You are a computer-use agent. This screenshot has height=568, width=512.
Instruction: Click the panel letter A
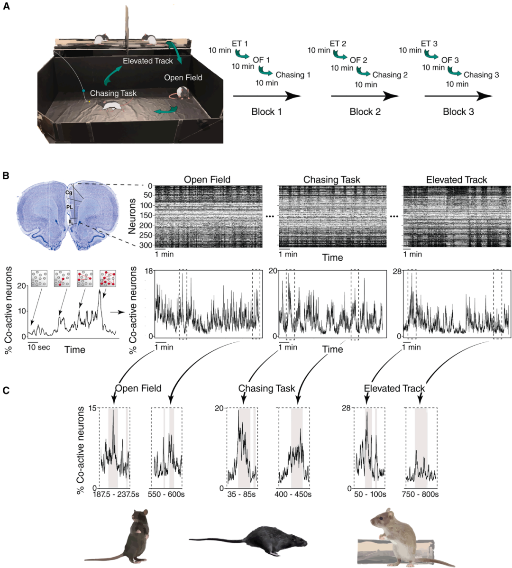click(x=6, y=9)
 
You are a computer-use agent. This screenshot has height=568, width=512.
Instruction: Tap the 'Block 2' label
click(x=365, y=112)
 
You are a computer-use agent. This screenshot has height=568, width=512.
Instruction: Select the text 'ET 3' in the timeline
click(x=426, y=44)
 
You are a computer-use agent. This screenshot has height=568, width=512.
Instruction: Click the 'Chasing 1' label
click(x=293, y=75)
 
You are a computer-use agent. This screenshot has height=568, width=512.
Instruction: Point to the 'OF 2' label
click(x=358, y=60)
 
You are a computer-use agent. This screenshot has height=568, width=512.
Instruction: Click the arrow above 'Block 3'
click(x=458, y=96)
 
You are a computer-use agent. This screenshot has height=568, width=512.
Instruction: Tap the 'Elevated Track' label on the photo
click(x=147, y=61)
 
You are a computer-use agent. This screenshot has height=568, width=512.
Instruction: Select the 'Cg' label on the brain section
click(x=69, y=192)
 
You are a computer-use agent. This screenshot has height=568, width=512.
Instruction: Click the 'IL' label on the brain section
click(x=71, y=221)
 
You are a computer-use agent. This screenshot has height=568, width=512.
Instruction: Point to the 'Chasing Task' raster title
click(x=331, y=180)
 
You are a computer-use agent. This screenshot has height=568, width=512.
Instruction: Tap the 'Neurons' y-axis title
click(x=133, y=216)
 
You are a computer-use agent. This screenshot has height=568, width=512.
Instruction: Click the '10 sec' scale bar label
click(x=39, y=347)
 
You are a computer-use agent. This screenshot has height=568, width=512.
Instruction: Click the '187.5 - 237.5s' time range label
click(x=115, y=495)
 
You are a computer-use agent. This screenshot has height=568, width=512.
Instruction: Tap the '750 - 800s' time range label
click(x=421, y=495)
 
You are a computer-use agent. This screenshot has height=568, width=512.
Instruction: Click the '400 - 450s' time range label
click(x=293, y=495)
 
